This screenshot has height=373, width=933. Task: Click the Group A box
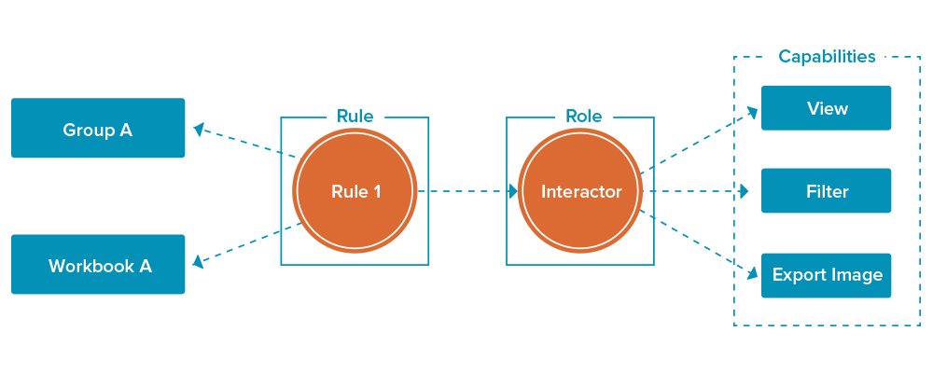pos(98,129)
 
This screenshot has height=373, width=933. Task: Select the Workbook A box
pos(98,265)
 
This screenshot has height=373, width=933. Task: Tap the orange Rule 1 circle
pos(355,191)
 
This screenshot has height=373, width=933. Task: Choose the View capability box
pos(827,108)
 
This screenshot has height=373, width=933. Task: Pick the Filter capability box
pos(827,191)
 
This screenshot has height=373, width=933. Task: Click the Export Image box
pos(827,275)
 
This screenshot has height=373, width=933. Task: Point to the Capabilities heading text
pos(827,57)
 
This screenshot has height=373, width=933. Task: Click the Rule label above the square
pos(355,117)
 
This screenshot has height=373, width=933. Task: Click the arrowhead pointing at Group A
pos(198,129)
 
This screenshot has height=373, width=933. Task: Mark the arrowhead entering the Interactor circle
pos(512,191)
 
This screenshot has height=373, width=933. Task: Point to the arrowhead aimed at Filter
pos(745,191)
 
